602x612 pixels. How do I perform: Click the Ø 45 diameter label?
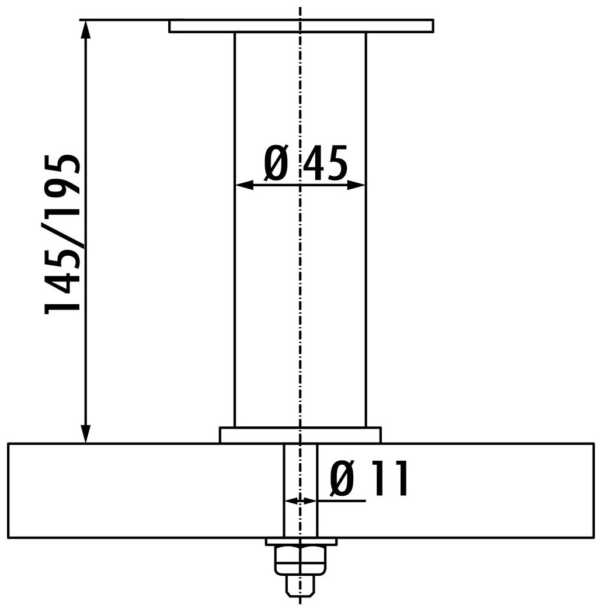305,163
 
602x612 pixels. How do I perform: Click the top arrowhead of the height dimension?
86,29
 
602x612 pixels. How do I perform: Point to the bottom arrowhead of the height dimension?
86,434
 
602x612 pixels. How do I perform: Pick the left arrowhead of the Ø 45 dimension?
244,185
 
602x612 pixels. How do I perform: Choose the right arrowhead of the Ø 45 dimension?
356,185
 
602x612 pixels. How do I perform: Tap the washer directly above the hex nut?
300,542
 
